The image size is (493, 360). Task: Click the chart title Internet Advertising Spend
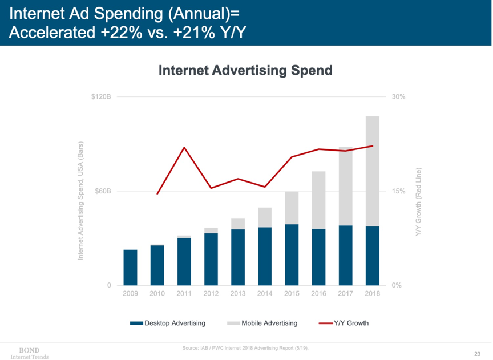point(245,70)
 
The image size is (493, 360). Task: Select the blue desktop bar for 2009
point(130,267)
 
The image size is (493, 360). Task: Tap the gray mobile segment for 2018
point(373,171)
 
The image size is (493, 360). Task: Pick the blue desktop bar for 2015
point(292,254)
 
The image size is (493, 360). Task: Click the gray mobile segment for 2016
point(318,200)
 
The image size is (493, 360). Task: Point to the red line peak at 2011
point(184,148)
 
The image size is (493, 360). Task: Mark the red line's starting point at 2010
point(157,194)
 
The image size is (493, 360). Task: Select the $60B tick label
point(103,191)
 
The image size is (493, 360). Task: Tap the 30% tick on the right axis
point(398,97)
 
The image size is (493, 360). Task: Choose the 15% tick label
point(398,191)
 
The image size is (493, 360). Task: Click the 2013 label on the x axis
point(238,294)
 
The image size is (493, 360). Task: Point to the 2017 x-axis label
point(346,294)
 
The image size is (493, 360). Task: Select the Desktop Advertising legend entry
point(168,323)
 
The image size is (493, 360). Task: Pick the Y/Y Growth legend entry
point(344,323)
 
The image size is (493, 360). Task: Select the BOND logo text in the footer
point(29,350)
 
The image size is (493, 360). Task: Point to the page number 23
point(477,354)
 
